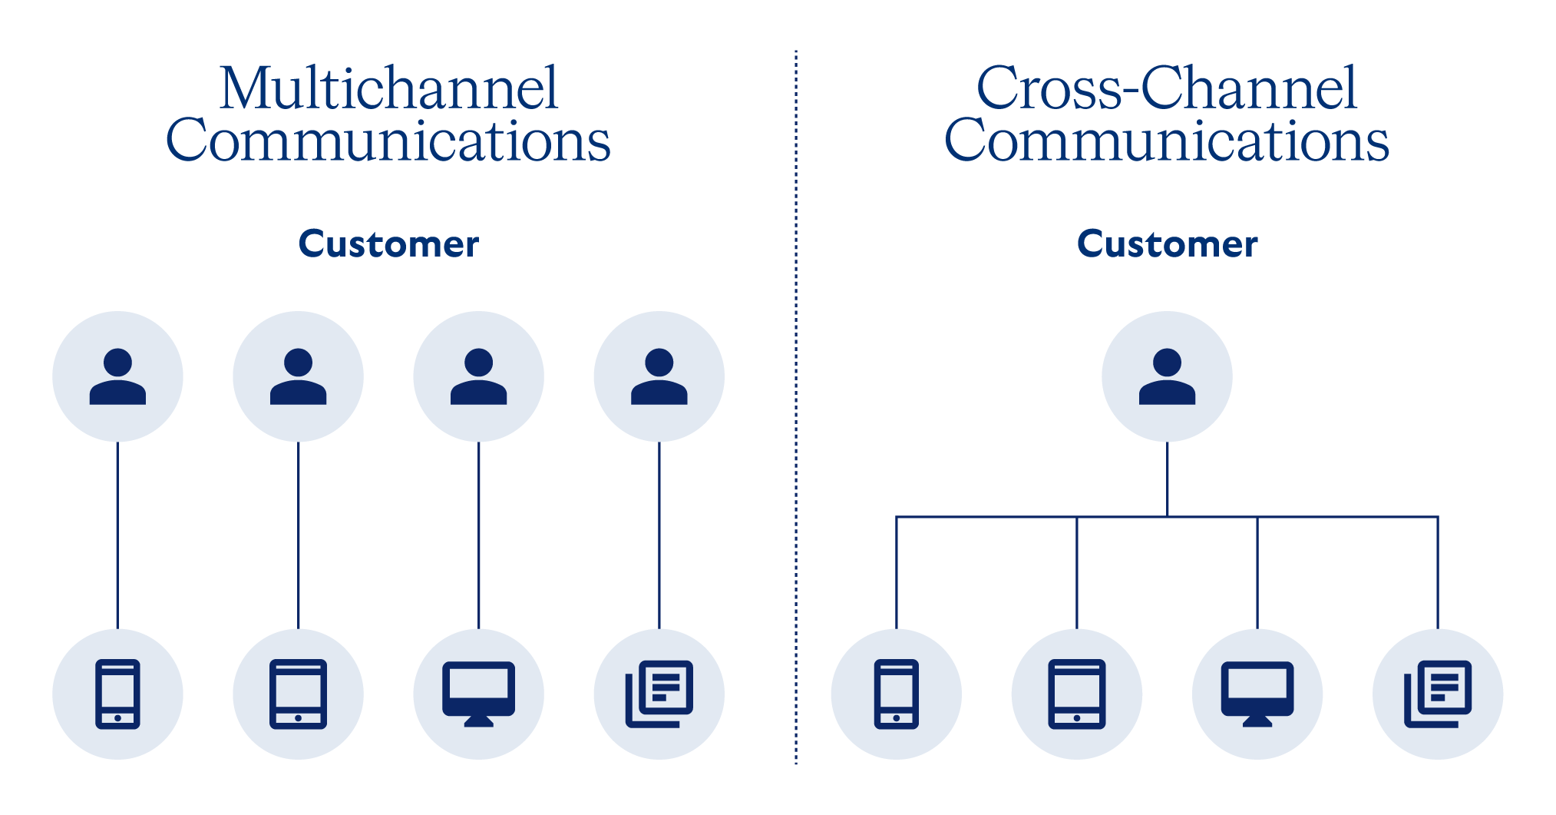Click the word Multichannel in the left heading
click(388, 88)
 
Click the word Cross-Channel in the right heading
click(1166, 88)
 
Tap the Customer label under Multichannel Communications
click(388, 244)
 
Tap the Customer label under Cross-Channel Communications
click(1167, 244)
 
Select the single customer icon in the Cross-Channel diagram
click(1167, 376)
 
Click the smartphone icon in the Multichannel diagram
click(117, 694)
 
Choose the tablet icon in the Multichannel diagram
click(298, 694)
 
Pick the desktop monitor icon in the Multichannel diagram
click(478, 694)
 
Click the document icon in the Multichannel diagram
click(659, 694)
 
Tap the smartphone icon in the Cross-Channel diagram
click(896, 694)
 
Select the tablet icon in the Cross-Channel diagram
click(1076, 694)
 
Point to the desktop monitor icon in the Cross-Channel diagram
click(1257, 694)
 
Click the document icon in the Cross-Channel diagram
click(1438, 694)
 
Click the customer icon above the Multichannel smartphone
click(117, 376)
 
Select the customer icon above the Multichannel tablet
click(298, 376)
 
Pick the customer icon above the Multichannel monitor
click(478, 376)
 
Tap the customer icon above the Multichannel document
click(659, 376)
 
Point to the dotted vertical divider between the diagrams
click(796, 407)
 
